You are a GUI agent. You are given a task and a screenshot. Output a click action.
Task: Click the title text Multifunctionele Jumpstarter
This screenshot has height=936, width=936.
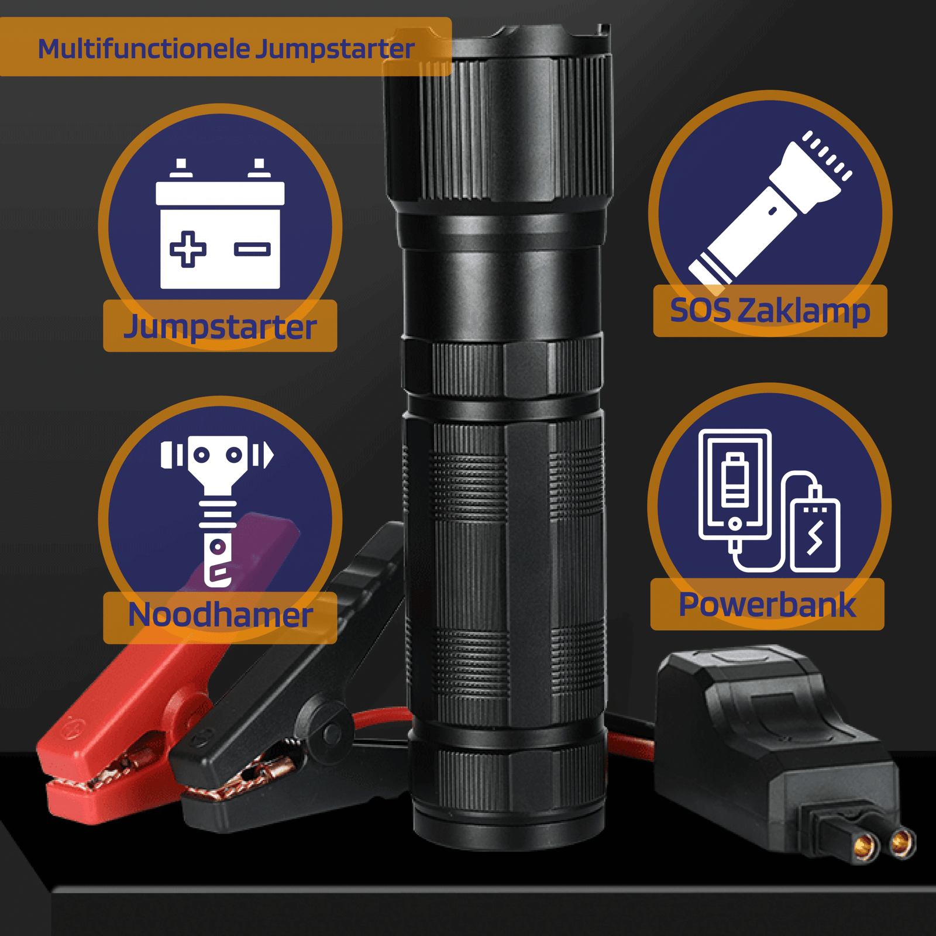[x=226, y=49]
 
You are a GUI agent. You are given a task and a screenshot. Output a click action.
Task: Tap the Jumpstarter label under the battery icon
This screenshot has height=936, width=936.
[x=220, y=326]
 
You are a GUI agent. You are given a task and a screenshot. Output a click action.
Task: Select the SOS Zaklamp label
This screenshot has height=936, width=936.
[x=770, y=311]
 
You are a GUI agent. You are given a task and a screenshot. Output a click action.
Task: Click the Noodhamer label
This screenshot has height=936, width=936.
[x=220, y=615]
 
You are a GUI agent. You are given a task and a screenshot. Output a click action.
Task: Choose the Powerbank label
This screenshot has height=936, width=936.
[x=767, y=604]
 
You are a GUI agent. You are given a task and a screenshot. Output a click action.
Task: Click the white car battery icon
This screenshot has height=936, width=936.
[x=220, y=223]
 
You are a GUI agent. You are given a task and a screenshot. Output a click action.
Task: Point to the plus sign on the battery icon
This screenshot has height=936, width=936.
[x=188, y=249]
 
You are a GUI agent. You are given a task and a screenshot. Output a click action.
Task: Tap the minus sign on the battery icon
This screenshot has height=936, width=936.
[x=252, y=250]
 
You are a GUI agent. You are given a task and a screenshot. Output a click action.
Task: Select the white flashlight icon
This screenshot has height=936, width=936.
[x=770, y=208]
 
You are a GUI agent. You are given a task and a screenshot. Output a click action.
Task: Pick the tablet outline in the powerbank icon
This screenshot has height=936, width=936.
[x=735, y=484]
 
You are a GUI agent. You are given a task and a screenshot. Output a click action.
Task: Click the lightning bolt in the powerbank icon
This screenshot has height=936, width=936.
[x=815, y=537]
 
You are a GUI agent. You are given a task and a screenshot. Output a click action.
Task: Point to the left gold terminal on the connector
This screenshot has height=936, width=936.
[x=865, y=845]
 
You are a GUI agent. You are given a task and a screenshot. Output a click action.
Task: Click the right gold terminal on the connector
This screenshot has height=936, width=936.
[x=902, y=842]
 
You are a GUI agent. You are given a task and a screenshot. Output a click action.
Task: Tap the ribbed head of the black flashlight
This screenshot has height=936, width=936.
[x=498, y=117]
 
